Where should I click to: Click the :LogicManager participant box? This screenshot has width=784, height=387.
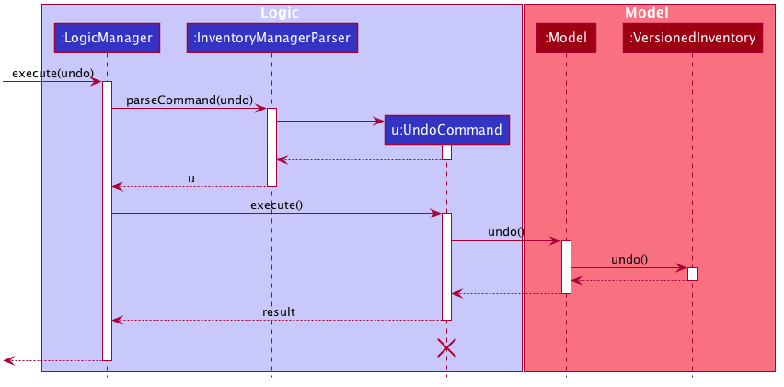tap(107, 38)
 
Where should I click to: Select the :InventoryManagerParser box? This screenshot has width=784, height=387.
tap(272, 38)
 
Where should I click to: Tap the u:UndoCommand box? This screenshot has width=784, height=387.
tap(446, 130)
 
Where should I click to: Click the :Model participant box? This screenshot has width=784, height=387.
tap(566, 38)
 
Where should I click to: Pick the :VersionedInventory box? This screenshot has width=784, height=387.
tap(693, 38)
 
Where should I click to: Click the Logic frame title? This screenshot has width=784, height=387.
tap(280, 13)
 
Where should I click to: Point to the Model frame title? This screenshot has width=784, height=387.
tap(647, 13)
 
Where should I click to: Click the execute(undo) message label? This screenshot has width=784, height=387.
tap(53, 73)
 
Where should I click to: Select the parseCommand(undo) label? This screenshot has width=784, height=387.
tap(190, 100)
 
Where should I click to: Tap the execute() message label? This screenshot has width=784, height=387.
tap(276, 205)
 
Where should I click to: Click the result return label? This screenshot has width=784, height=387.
tap(279, 311)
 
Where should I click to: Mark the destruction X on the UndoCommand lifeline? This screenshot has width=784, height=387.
tap(446, 347)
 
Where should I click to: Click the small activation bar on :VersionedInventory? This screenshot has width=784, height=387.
tap(693, 274)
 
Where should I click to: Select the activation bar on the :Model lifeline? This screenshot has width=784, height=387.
tap(566, 267)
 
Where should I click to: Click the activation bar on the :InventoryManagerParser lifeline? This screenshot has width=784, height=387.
tap(272, 147)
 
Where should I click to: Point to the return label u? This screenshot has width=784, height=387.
tap(191, 179)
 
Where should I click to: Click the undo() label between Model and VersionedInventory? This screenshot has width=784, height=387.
tap(629, 259)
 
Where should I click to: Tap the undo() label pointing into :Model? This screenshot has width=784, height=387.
tap(506, 232)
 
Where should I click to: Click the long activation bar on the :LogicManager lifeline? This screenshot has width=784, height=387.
tap(107, 221)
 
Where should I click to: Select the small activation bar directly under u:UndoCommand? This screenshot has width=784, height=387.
tap(446, 152)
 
